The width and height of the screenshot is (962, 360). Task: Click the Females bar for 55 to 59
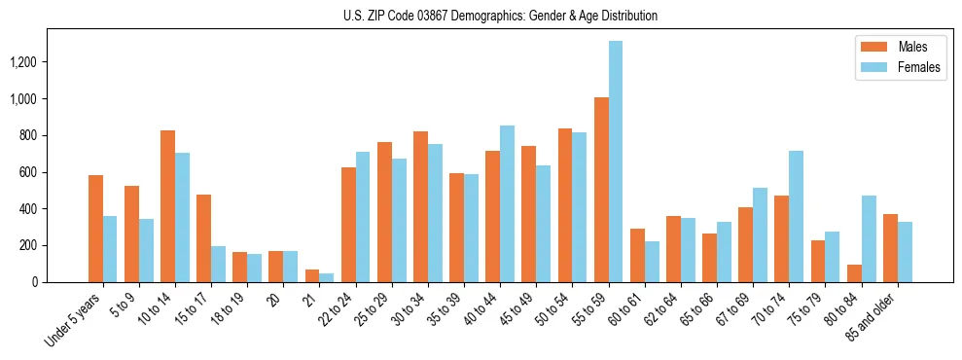coord(616,162)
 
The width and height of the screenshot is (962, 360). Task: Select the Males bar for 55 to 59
coord(601,190)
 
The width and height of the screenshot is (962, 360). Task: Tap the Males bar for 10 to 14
coord(167,206)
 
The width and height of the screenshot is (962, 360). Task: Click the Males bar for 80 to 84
coord(854,273)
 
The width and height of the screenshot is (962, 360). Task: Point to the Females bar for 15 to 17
coord(218,264)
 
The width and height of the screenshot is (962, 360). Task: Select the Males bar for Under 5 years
coord(95,229)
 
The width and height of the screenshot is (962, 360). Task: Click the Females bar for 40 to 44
coord(508,203)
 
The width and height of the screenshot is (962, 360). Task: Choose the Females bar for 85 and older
coord(905,252)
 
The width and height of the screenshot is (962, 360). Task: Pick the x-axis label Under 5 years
coord(75,320)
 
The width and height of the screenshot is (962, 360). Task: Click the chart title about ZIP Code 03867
coord(500,16)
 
